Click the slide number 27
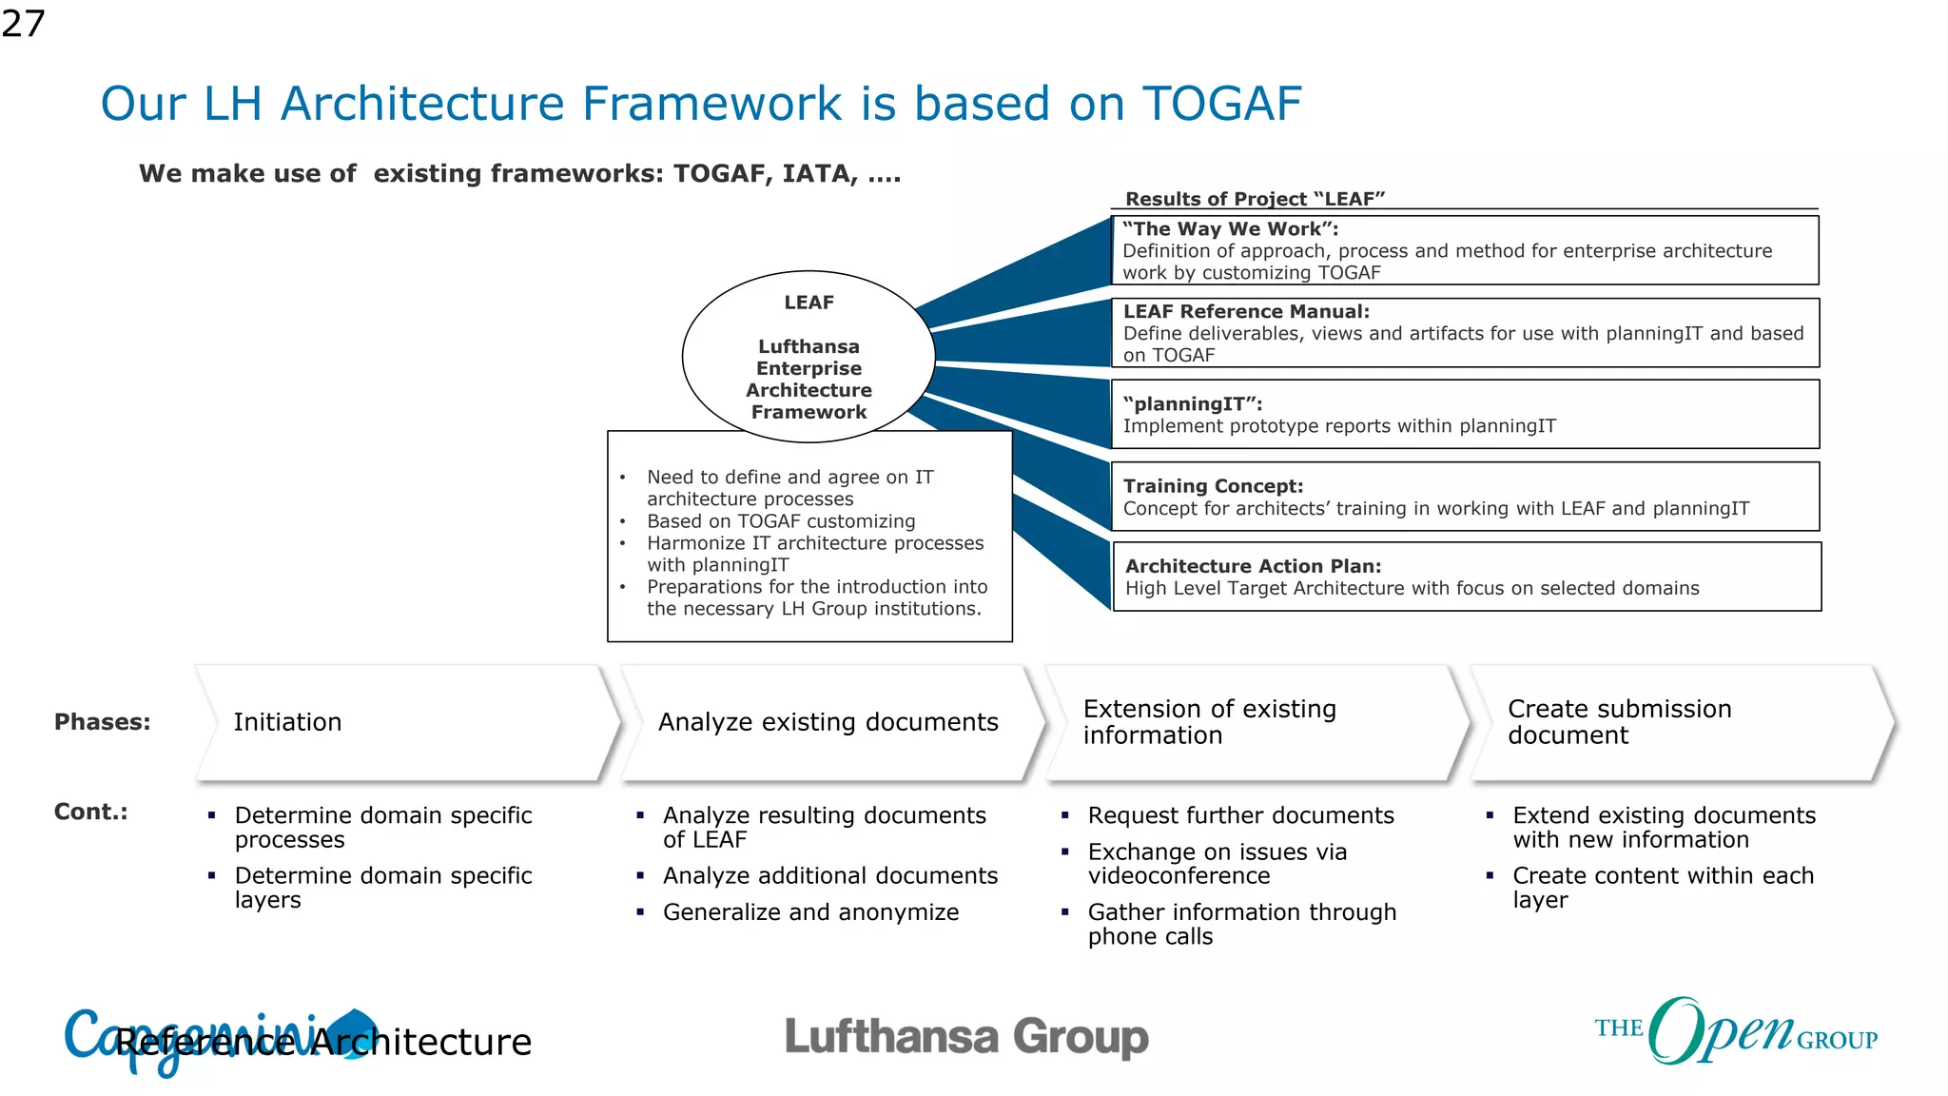click(23, 24)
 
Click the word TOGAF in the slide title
click(1221, 104)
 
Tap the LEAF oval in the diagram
click(808, 357)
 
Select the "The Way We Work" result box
click(1465, 250)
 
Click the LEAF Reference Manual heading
click(1246, 311)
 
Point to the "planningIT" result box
click(1465, 415)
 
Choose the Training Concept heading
click(1213, 486)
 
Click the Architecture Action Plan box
click(1466, 577)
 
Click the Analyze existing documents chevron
click(828, 723)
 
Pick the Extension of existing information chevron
click(1256, 723)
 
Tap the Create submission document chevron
click(1679, 723)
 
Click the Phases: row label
click(103, 722)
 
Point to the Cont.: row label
click(90, 812)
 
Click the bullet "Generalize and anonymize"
click(810, 912)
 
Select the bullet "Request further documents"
click(1240, 815)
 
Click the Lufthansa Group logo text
click(966, 1037)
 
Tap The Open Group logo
click(1735, 1032)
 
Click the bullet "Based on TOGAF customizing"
click(781, 521)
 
